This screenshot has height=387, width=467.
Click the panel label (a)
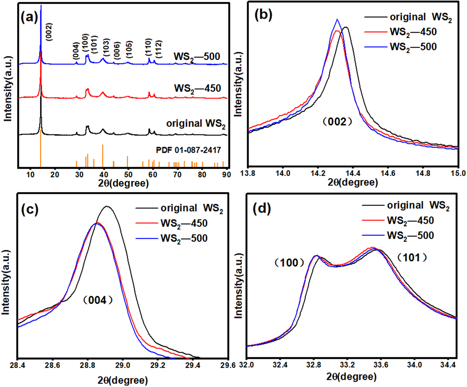pos(29,18)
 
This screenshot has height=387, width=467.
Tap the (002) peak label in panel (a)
pos(49,32)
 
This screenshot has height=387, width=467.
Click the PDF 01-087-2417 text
pos(189,150)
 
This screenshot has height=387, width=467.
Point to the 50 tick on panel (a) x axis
pos(128,175)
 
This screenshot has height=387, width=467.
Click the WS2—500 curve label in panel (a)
pos(197,57)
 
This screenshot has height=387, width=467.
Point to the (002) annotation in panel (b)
pos(338,121)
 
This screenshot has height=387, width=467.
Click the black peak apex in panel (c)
pos(106,206)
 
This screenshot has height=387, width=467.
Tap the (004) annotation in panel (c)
pos(98,300)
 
